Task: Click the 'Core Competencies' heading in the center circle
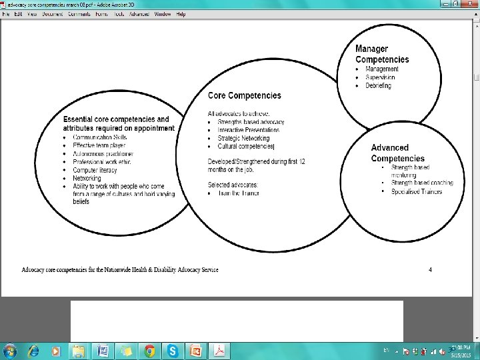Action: pos(245,96)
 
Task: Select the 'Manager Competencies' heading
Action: pos(382,54)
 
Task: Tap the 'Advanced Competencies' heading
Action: pos(397,153)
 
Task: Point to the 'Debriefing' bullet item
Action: pos(378,86)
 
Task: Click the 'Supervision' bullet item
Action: pos(380,77)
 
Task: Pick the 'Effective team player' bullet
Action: pos(99,145)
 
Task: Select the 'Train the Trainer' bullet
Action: pos(238,193)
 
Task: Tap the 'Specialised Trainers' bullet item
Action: pos(417,192)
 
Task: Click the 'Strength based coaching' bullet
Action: pos(422,183)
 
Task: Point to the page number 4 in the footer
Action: pos(431,269)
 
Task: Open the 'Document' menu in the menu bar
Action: pos(52,14)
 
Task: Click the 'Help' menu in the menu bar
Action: pos(181,14)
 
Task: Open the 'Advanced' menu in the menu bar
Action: pos(139,14)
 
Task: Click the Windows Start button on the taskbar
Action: pos(9,351)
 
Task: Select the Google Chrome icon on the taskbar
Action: pos(150,351)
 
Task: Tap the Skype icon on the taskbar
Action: pos(173,351)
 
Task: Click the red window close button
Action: pos(471,4)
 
